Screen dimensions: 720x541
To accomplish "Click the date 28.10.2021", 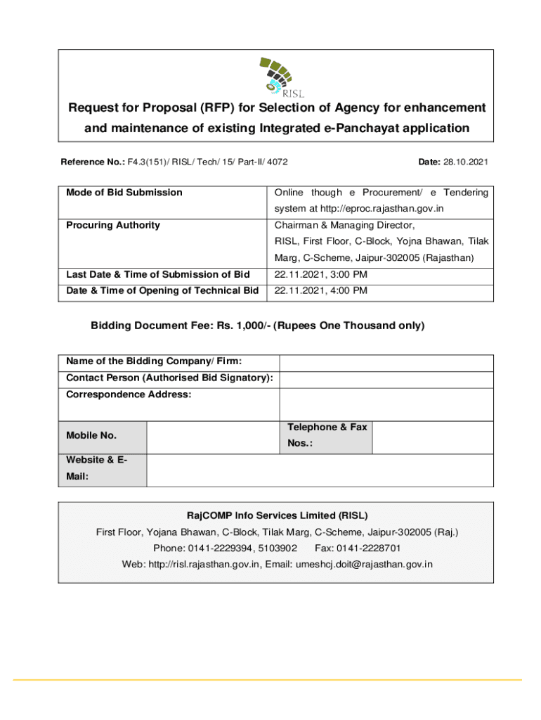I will pos(464,162).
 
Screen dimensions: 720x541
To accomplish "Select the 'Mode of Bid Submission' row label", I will pos(124,193).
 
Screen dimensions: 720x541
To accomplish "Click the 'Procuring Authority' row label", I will pos(113,225).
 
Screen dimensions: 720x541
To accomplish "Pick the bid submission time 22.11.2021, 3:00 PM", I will pos(321,274).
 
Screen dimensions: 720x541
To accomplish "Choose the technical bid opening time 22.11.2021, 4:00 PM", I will pos(321,291).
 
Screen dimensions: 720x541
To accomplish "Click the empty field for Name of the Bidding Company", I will pos(386,363).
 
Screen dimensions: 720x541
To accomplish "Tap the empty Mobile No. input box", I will pos(214,437).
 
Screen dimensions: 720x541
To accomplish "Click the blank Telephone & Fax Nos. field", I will pos(432,437).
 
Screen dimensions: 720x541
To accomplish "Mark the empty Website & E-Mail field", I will pos(320,470).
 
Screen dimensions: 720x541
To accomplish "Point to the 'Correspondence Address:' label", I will pos(129,395).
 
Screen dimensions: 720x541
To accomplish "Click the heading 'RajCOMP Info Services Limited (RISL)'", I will pos(276,515).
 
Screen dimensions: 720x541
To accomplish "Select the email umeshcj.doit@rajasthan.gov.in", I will pos(364,564).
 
